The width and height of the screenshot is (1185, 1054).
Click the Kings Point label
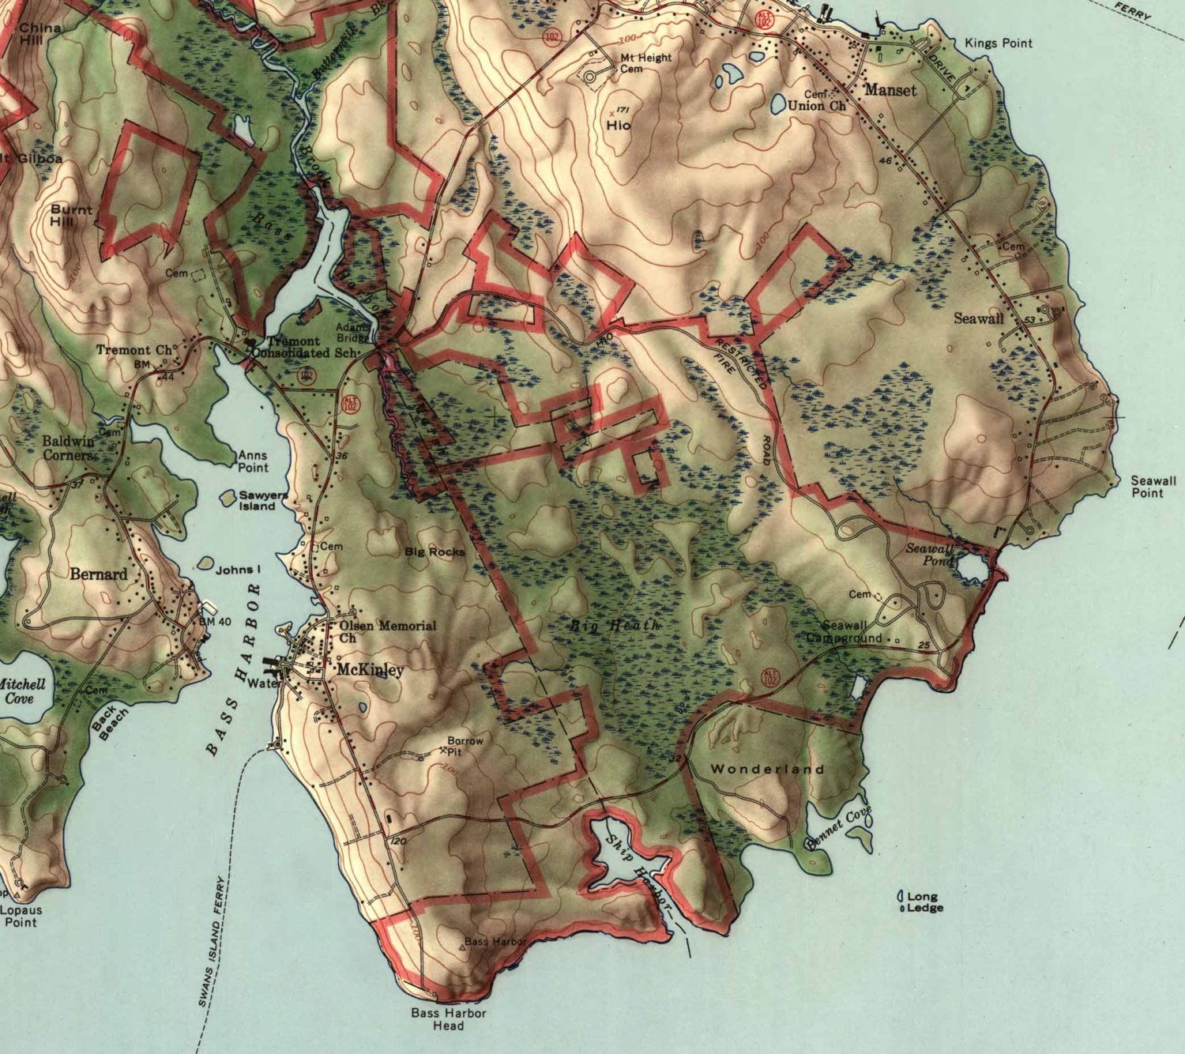point(998,43)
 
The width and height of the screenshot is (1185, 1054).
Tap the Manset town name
point(890,90)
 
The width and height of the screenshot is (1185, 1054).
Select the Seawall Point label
point(1153,486)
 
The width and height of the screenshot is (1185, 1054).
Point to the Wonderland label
point(767,768)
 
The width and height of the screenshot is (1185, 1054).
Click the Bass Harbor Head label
point(448,1018)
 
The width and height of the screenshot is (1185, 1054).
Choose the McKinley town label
point(371,669)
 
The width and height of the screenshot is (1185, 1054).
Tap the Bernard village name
point(98,574)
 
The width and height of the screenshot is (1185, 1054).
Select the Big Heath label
point(615,625)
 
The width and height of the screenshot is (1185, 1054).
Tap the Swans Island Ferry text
point(213,940)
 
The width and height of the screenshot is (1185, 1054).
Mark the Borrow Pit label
point(465,746)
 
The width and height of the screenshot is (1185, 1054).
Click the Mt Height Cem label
point(645,62)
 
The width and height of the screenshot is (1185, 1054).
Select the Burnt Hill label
point(71,216)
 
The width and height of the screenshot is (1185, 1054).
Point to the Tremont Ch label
point(134,349)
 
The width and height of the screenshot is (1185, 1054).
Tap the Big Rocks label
point(434,551)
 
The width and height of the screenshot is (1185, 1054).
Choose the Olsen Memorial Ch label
point(387,631)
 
